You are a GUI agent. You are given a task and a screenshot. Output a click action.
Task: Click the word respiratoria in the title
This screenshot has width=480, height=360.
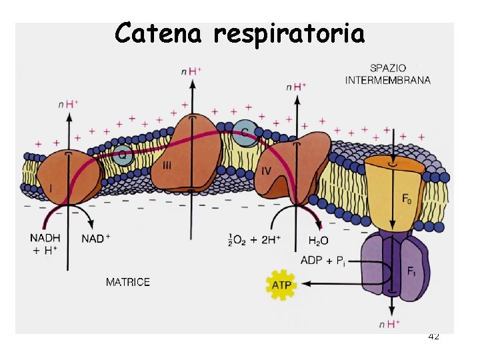click(289, 33)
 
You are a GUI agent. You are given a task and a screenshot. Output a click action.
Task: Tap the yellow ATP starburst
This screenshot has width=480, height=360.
click(281, 285)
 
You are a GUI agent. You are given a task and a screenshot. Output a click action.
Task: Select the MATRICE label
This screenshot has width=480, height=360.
click(128, 282)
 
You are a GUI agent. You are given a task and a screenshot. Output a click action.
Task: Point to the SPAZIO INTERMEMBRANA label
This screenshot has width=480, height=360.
click(387, 74)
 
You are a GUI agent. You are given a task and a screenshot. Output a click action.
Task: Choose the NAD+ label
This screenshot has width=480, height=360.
click(96, 239)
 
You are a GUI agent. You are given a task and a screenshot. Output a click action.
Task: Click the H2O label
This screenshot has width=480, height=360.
click(319, 240)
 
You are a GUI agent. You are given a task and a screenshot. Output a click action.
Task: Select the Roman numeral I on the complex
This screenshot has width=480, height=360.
click(51, 189)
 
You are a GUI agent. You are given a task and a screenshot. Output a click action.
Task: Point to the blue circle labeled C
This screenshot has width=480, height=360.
click(245, 133)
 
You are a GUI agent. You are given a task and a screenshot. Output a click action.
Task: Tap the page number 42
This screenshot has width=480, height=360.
click(433, 337)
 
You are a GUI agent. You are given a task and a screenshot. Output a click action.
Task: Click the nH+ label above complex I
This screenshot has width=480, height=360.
click(69, 104)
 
